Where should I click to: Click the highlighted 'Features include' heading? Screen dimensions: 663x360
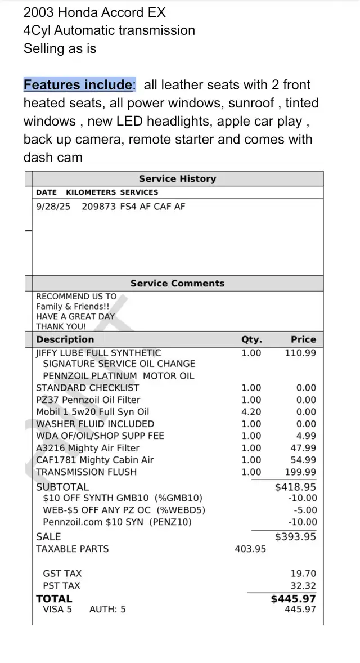point(78,85)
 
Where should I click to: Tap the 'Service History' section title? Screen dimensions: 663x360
point(177,179)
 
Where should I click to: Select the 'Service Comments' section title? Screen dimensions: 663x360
point(177,284)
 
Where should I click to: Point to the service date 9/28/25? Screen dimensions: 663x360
point(53,207)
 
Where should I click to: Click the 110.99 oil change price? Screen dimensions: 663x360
point(300,353)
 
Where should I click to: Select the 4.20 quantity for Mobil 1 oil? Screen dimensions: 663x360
point(251,412)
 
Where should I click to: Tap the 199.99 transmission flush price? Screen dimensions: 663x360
point(300,472)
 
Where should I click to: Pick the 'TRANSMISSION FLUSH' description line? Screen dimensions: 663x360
point(86,472)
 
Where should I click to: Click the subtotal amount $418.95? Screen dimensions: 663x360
point(295,487)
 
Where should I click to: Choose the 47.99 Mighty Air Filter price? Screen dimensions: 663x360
point(303,448)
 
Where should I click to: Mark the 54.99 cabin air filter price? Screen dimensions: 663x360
point(303,460)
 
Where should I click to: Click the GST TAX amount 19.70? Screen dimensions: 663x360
point(304,574)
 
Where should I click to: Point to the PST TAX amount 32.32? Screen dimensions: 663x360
point(304,585)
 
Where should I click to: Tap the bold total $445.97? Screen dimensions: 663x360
point(293,599)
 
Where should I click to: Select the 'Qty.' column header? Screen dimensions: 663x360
point(251,339)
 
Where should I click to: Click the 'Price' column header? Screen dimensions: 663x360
point(303,339)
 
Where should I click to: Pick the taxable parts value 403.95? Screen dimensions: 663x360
point(250,549)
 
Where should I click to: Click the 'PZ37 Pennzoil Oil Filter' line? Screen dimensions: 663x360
point(88,400)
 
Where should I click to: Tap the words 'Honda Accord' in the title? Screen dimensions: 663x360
point(98,12)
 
